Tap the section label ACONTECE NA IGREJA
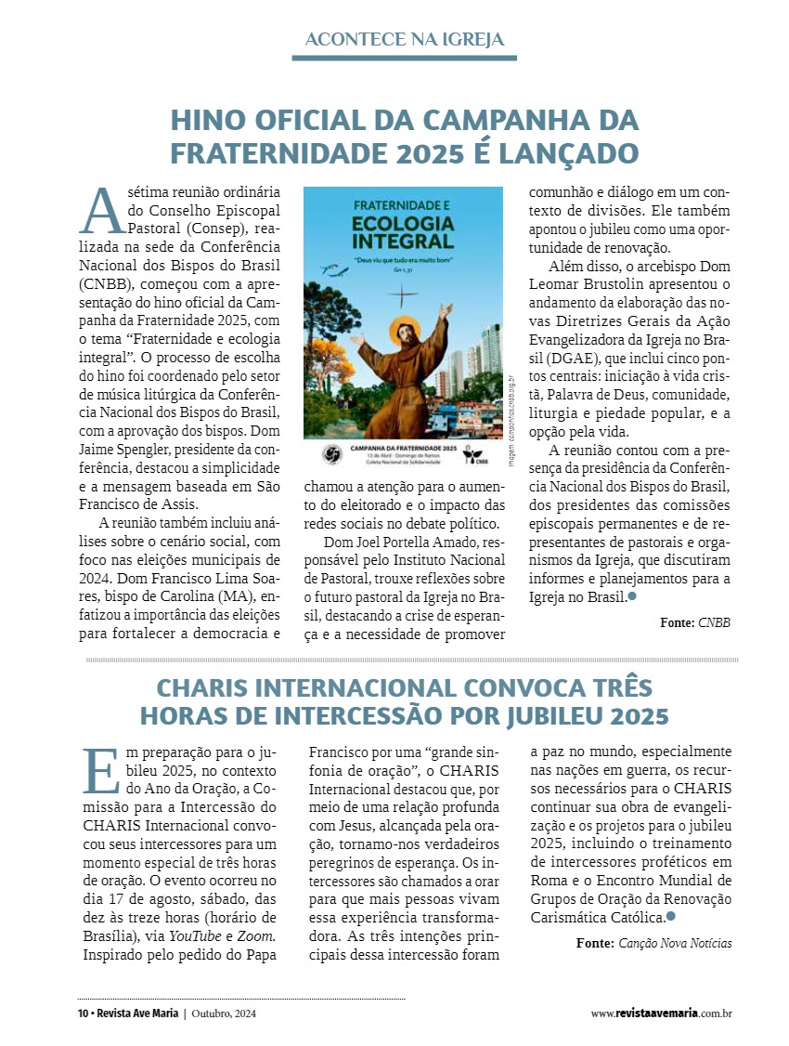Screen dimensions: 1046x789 404,39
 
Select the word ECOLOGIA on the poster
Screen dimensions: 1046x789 402,228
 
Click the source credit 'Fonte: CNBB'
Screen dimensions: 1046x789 695,622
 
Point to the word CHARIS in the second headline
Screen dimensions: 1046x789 204,688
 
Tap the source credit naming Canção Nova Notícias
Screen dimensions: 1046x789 653,943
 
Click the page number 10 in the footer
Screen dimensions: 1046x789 82,1013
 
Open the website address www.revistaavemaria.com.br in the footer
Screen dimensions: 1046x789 661,1013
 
